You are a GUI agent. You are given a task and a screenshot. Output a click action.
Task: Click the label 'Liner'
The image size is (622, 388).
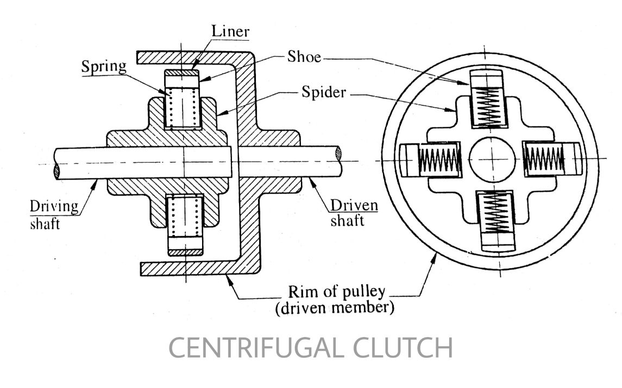pos(230,32)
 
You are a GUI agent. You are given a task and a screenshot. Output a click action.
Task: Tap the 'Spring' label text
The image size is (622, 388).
pos(104,66)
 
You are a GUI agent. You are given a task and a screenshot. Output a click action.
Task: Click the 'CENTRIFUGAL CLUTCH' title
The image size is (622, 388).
pos(310,348)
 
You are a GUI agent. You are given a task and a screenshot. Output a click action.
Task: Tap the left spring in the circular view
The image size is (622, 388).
pos(439,160)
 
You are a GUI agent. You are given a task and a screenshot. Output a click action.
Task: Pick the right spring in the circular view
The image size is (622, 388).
pos(544,160)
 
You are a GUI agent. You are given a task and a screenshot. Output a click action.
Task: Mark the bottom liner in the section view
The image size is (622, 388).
pos(185,251)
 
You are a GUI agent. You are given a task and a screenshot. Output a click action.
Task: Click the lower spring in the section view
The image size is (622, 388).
pos(185,218)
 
